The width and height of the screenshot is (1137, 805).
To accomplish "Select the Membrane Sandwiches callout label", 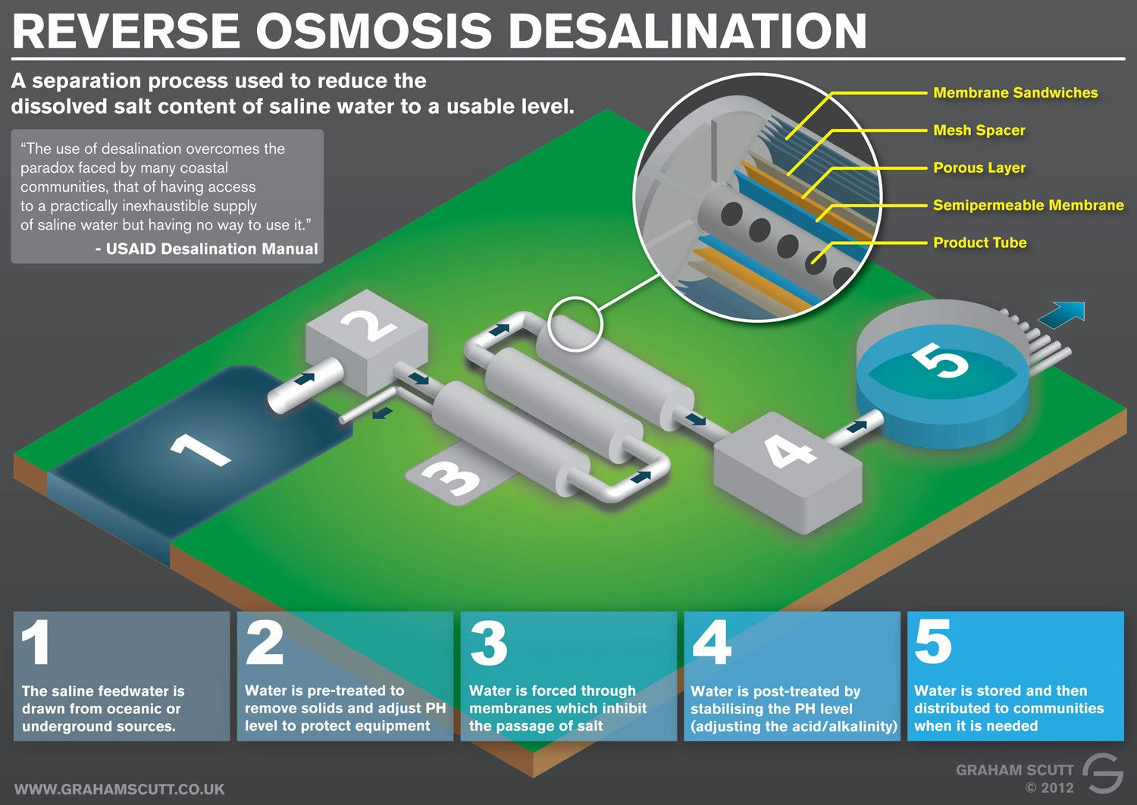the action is point(1015,93).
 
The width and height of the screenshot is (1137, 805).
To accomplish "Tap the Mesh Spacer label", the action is point(979,130).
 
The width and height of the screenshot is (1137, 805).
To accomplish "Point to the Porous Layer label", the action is point(979,168).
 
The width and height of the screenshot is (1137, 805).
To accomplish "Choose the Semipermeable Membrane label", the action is point(1029,205).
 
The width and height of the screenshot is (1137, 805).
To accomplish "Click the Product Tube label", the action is point(979,243).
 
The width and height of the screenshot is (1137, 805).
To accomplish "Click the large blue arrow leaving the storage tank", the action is point(1062,312).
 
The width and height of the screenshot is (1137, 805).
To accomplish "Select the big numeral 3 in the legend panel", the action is point(488,643).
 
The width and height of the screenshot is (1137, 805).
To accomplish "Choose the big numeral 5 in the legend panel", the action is point(933,641).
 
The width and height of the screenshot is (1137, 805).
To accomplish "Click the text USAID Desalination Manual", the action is point(211,249).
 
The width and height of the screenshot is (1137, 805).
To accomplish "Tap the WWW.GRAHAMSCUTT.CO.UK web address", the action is point(119,789).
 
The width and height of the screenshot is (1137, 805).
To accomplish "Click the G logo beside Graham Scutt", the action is point(1102,773).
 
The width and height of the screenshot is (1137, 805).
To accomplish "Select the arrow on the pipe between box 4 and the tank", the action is point(857,426).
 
